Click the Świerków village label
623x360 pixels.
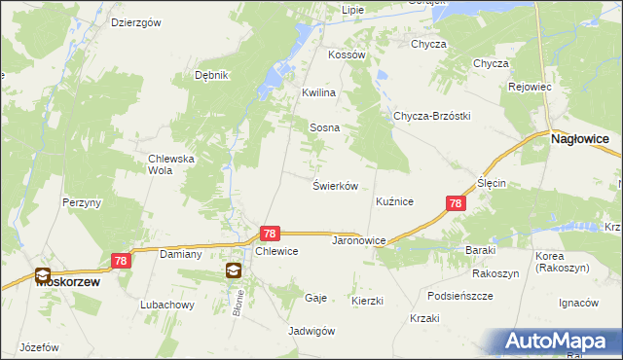pos(336,185)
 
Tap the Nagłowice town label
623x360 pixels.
pos(579,140)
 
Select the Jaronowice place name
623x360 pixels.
pos(360,239)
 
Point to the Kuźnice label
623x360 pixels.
pos(395,201)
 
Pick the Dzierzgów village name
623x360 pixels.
pos(135,22)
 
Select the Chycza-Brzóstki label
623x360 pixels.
pos(431,116)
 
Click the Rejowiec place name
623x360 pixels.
pos(531,87)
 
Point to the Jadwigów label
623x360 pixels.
pos(311,331)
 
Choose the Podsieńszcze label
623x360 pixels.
pos(460,295)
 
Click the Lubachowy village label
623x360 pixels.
pos(166,305)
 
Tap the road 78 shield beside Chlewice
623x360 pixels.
pos(271,234)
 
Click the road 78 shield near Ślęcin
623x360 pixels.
pos(456,203)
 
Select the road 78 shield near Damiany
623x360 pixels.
pos(121,261)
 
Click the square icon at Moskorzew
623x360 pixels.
pos(43,275)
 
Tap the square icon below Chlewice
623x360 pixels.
pos(234,270)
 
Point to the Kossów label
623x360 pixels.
pos(347,55)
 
